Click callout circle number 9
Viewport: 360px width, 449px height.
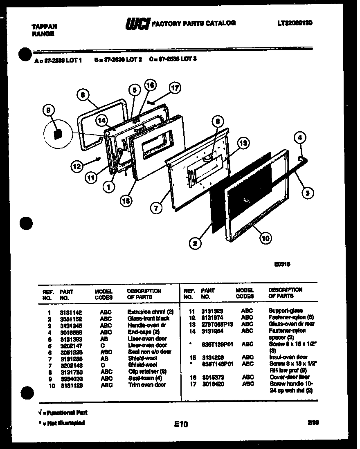click(x=48, y=110)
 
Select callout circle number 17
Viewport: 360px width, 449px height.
click(x=175, y=88)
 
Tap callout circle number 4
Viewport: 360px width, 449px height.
click(x=300, y=138)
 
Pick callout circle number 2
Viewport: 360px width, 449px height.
click(x=196, y=243)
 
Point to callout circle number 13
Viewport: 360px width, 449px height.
click(x=243, y=143)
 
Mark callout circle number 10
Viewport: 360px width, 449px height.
click(x=265, y=238)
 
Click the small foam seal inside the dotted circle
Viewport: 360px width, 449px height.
click(x=58, y=133)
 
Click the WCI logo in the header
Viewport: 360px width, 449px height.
click(x=137, y=24)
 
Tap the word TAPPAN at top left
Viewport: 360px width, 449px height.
click(x=44, y=27)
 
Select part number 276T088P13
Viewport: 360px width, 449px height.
click(x=217, y=324)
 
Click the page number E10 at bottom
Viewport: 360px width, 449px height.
click(x=180, y=424)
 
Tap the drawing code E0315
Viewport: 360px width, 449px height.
click(x=283, y=264)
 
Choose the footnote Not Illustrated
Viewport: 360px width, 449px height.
click(x=61, y=423)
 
